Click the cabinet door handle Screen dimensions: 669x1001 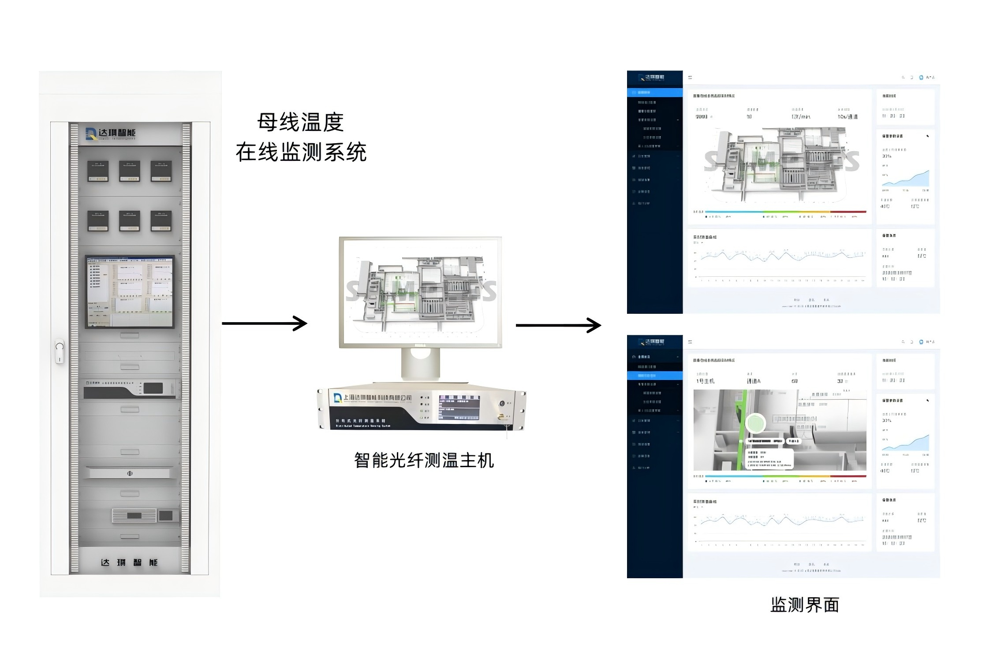[x=60, y=351]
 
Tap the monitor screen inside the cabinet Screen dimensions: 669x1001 [x=130, y=291]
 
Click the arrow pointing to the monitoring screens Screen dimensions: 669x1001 [x=558, y=326]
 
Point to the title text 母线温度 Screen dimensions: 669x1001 [x=300, y=123]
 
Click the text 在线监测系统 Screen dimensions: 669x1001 [x=301, y=152]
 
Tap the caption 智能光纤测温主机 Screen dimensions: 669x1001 [x=424, y=461]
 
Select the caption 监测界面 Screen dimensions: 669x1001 [x=804, y=605]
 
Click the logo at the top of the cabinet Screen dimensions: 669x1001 [x=111, y=134]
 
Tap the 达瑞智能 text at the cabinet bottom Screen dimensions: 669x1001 [x=129, y=562]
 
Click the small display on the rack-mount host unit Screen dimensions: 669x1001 [x=459, y=408]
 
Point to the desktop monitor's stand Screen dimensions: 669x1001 [x=420, y=364]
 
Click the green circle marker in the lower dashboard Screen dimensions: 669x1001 [x=755, y=423]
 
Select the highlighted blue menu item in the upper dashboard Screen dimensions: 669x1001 [x=654, y=93]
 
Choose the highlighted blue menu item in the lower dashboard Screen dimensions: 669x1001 [x=654, y=375]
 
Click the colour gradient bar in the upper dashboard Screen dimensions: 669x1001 [x=785, y=212]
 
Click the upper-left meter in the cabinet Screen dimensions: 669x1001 [x=97, y=171]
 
